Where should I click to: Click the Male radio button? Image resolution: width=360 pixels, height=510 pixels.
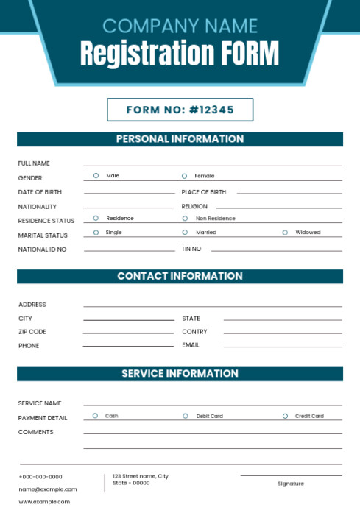click(x=96, y=176)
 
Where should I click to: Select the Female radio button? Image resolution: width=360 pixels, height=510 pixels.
click(x=185, y=176)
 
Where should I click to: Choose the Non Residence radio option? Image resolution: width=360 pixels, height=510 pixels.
click(x=185, y=219)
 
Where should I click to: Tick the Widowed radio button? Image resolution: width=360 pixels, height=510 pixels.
click(x=285, y=233)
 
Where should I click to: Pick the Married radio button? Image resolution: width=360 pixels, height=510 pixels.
click(x=185, y=233)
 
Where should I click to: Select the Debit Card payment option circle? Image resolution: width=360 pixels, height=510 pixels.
click(x=186, y=416)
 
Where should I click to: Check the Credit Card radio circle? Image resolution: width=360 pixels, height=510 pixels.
click(x=285, y=416)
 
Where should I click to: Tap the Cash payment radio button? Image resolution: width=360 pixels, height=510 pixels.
click(x=95, y=416)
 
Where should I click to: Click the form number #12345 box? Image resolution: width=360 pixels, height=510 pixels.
click(x=180, y=110)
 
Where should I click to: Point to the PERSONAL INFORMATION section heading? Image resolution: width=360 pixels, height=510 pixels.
click(x=180, y=139)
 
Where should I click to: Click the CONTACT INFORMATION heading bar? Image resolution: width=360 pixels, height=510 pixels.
click(x=180, y=277)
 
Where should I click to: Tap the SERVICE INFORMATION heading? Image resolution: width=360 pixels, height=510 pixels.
click(x=180, y=374)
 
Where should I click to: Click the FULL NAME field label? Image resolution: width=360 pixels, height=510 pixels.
click(x=34, y=163)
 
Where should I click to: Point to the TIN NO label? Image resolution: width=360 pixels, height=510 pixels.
click(x=191, y=249)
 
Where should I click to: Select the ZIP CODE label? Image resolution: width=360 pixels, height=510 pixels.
click(x=32, y=332)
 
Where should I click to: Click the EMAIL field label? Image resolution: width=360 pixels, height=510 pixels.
click(x=191, y=345)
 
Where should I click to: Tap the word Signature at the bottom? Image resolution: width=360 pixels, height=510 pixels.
click(x=291, y=484)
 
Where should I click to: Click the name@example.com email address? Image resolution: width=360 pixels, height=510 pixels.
click(x=48, y=489)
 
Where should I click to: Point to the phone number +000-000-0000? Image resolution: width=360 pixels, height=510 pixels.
click(x=40, y=477)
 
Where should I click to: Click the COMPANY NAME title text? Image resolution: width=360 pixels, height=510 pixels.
click(x=180, y=26)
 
